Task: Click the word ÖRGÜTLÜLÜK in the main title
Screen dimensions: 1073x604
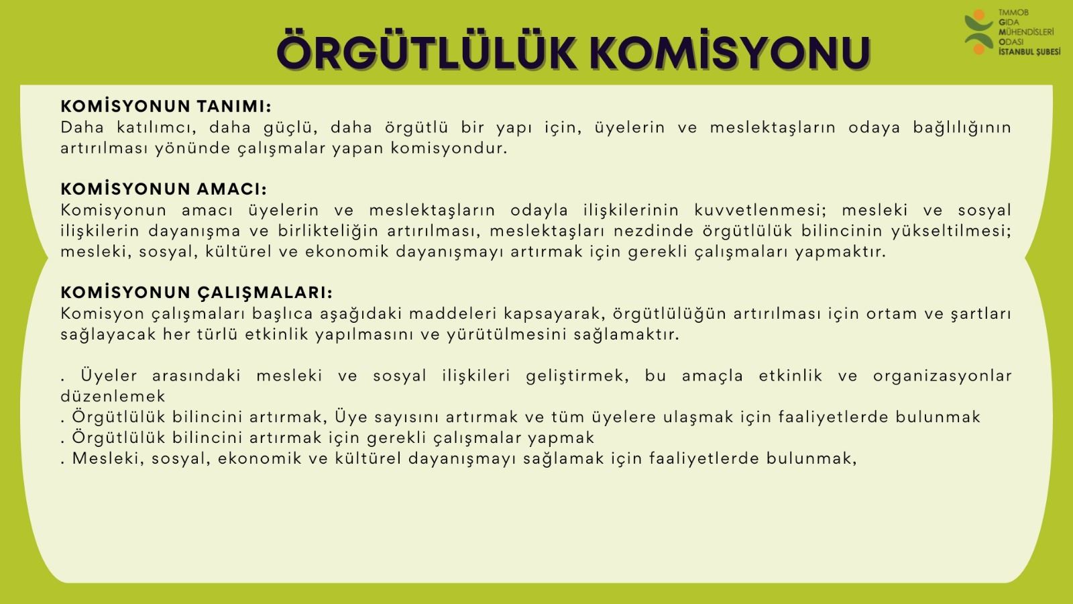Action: (427, 50)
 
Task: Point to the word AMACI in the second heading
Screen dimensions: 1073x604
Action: (232, 189)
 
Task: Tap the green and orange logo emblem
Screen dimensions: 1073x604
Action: (978, 32)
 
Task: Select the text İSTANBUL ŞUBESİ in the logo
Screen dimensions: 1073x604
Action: (1029, 52)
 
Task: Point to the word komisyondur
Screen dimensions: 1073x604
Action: (449, 148)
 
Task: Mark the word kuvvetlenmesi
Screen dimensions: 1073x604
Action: (760, 210)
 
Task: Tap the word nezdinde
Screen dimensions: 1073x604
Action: (653, 231)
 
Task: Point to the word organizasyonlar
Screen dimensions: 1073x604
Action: (942, 376)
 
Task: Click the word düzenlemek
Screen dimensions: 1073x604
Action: (113, 397)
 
